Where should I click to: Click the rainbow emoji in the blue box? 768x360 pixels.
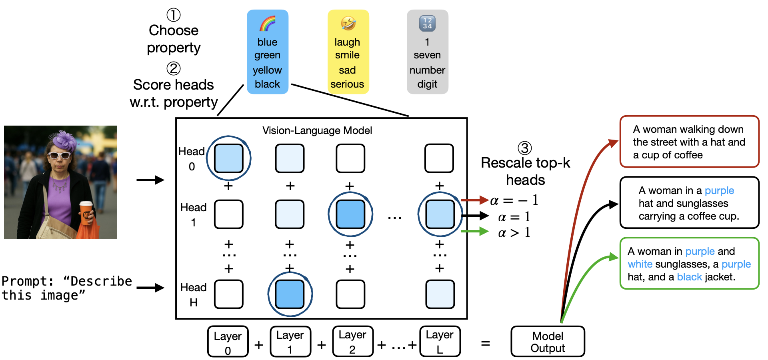[x=268, y=24]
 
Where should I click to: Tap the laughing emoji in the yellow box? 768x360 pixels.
[x=348, y=23]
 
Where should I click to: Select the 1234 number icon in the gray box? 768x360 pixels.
[x=427, y=23]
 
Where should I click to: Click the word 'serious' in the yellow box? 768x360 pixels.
[x=347, y=84]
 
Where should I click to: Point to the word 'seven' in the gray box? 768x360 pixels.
[x=427, y=55]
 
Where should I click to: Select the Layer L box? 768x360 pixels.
[x=440, y=342]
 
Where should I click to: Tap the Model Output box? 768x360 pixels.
[x=548, y=342]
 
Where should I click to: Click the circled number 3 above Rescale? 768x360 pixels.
[x=525, y=148]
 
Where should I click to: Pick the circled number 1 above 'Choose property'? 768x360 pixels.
[x=174, y=15]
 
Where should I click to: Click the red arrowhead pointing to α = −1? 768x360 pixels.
[x=484, y=200]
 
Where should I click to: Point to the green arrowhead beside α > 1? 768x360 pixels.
[x=484, y=231]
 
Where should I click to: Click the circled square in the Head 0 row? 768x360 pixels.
[x=229, y=158]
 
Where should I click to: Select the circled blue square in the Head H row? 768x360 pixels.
[x=290, y=294]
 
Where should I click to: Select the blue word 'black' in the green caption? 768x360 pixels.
[x=689, y=277]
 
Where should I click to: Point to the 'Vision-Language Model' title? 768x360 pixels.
[x=317, y=130]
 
